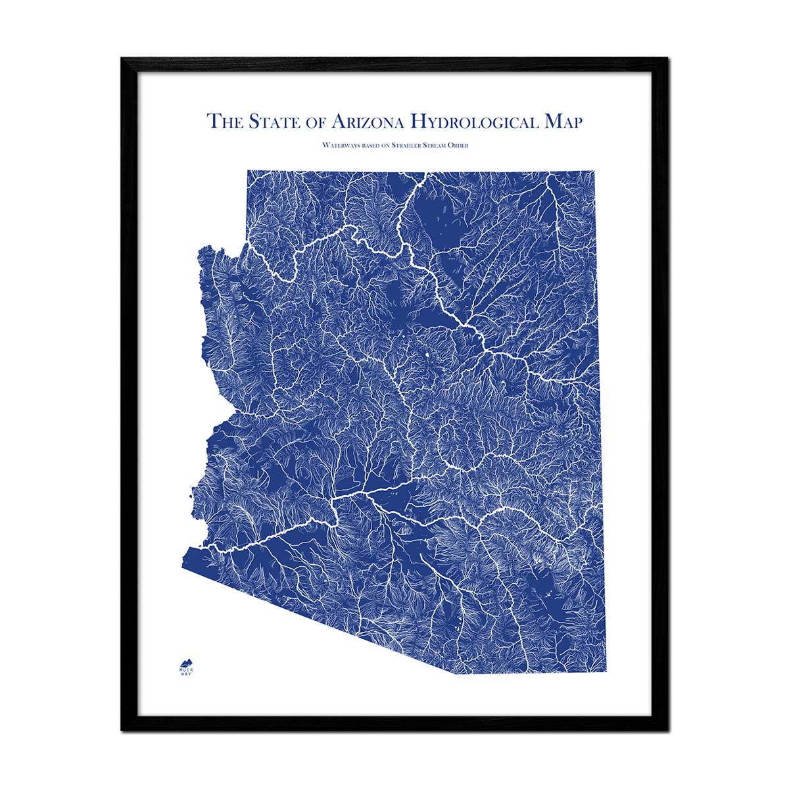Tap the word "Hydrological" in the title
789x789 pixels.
467,122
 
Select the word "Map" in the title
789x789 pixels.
558,122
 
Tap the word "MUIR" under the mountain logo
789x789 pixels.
187,670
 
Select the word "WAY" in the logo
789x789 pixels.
187,675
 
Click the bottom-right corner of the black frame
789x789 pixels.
667,730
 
